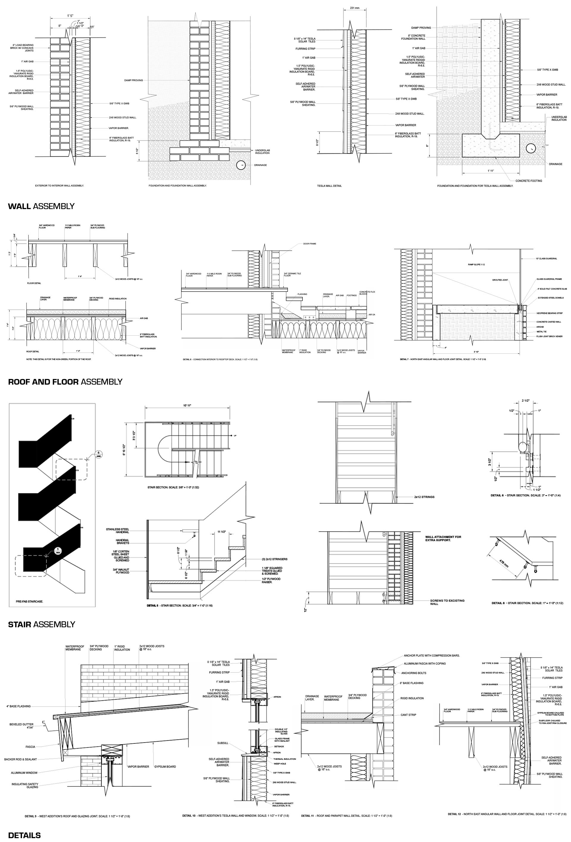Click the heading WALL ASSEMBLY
point(41,206)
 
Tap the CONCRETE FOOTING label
point(528,181)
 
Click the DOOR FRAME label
point(310,244)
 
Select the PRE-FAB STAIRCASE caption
point(29,601)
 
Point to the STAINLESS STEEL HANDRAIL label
point(117,531)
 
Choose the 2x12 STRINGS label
point(424,497)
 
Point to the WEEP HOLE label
point(279,764)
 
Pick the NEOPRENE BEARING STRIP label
point(549,313)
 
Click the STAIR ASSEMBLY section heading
point(41,624)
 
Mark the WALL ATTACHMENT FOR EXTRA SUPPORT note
point(443,538)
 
